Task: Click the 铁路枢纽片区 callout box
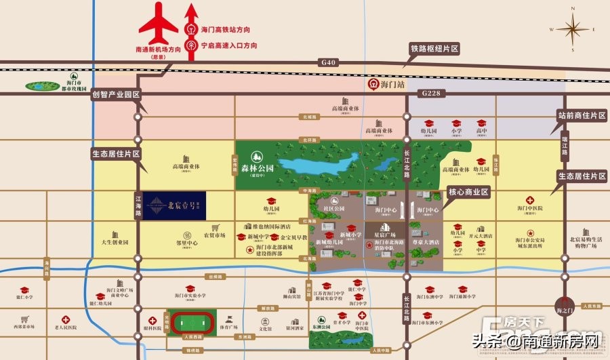[434, 49]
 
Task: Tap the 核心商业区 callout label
[468, 192]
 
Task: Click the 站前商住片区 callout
[581, 116]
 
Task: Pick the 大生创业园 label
[115, 241]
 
